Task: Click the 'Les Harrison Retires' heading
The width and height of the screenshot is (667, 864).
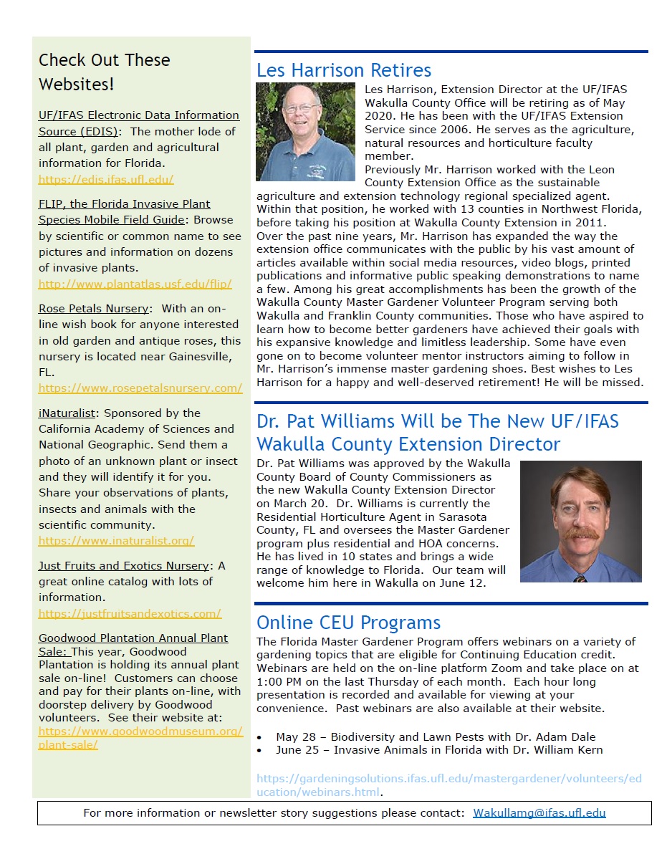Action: tap(344, 70)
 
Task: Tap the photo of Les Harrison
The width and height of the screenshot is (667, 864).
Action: tap(305, 131)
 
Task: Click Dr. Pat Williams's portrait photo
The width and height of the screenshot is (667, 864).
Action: tap(580, 521)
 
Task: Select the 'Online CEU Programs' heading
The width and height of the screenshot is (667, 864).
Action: tap(348, 622)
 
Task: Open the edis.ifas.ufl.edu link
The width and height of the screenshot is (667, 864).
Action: tap(106, 180)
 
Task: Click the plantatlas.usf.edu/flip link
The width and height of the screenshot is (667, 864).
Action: tap(135, 284)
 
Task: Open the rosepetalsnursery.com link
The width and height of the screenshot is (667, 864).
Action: tap(140, 388)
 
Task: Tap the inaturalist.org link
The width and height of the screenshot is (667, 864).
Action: tap(116, 541)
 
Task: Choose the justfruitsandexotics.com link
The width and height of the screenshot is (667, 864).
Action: tap(130, 613)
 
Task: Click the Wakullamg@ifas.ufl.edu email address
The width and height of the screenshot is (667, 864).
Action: tap(539, 812)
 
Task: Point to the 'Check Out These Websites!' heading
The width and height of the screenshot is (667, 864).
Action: tap(104, 72)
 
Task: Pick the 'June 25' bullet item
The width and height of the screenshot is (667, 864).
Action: tap(438, 750)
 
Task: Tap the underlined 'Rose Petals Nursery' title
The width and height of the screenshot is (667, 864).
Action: tap(94, 308)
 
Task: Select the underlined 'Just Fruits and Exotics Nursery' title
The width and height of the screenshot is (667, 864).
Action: tap(123, 566)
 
